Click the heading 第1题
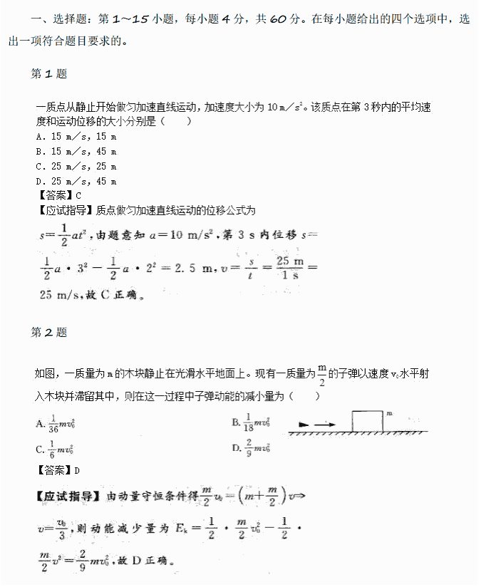(49, 74)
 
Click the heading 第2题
(49, 333)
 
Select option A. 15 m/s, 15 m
(76, 137)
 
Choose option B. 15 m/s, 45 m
(76, 152)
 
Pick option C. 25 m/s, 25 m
(76, 167)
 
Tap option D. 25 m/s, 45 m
(76, 182)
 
